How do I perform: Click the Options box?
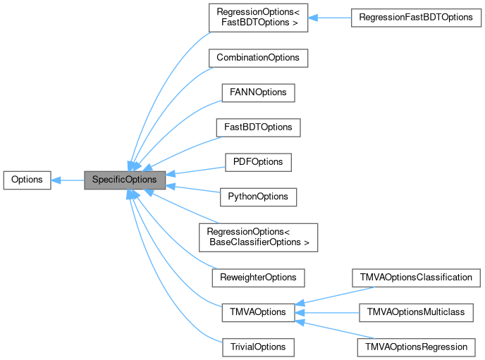(27, 180)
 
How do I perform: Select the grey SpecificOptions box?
(125, 180)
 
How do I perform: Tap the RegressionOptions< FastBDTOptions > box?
(257, 17)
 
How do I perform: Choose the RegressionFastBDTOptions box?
(415, 17)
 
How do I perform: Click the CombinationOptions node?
(258, 57)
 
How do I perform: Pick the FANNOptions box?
(257, 92)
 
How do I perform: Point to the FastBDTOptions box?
(258, 128)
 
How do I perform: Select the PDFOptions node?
(257, 162)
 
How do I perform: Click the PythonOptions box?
(257, 197)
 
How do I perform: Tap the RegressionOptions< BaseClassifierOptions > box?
(258, 237)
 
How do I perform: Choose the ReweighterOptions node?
(258, 277)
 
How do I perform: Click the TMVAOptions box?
(257, 312)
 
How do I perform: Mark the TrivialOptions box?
(257, 347)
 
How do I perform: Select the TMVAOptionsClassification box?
(416, 277)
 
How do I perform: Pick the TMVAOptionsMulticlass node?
(416, 312)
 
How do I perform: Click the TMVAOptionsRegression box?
(416, 347)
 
